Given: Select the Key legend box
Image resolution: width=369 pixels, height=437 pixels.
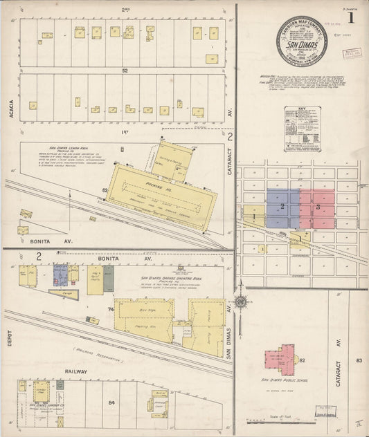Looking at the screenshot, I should [302, 129].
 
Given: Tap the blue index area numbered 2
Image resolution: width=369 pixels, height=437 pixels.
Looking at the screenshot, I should [282, 207].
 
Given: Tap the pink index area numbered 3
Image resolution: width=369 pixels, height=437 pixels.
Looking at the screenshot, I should [317, 207].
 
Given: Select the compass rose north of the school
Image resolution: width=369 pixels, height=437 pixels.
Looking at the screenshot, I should [240, 301].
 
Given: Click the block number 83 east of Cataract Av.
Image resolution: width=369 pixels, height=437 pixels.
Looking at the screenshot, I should [359, 360].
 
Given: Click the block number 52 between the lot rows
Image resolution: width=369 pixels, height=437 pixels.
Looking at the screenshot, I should [125, 71].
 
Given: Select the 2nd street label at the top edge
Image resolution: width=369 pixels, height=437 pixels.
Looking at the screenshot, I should [125, 10].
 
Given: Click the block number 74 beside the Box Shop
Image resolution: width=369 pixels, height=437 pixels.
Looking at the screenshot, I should [110, 310].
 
